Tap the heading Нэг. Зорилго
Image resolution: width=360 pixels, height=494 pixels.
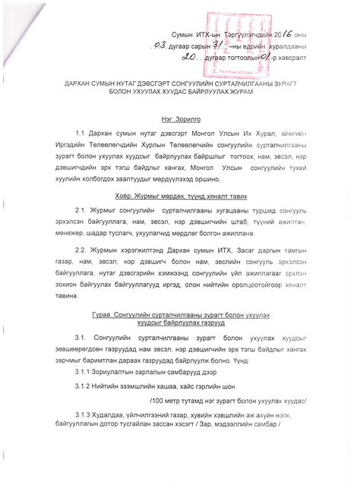[178, 120]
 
